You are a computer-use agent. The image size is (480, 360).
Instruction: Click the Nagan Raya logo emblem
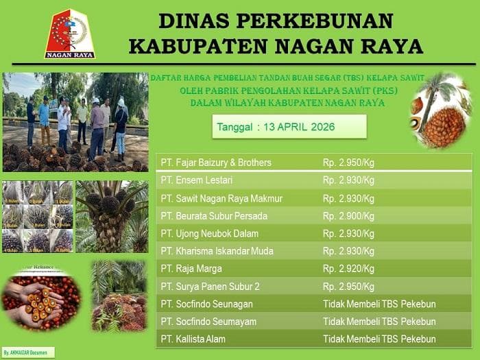click(x=70, y=33)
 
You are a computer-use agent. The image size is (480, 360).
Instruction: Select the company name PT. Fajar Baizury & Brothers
click(x=216, y=163)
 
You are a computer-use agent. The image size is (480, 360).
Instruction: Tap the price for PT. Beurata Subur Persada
click(x=348, y=216)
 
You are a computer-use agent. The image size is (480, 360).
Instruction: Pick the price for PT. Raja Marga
click(x=348, y=269)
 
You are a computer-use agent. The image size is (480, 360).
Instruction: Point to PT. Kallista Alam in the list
click(x=193, y=339)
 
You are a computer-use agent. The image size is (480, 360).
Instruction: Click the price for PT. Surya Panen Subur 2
click(x=348, y=287)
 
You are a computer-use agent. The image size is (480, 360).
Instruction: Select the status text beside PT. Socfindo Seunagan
click(x=379, y=304)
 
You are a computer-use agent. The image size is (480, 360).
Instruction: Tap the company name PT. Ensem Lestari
click(x=196, y=180)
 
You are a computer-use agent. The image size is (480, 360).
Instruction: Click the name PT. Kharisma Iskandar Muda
click(x=215, y=251)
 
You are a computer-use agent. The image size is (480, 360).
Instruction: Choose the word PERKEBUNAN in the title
click(x=302, y=21)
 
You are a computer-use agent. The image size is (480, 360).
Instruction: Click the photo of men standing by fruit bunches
click(x=75, y=121)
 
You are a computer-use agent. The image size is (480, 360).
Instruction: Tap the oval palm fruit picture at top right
click(x=441, y=110)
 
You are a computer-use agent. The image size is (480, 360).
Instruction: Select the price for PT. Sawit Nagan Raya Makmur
click(x=348, y=199)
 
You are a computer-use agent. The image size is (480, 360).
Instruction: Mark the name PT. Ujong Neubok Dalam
click(x=209, y=234)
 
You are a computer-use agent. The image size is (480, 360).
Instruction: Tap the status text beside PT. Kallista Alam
click(x=379, y=339)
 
